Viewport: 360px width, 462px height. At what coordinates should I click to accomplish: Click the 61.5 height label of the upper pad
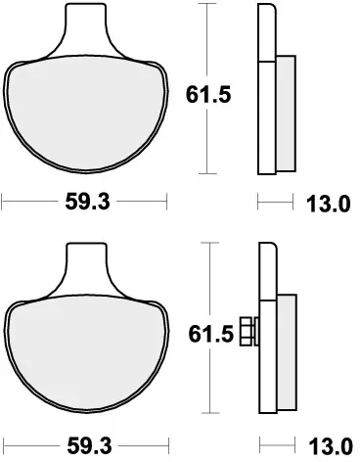point(206,94)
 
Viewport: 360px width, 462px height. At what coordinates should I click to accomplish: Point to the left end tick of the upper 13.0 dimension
point(258,206)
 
